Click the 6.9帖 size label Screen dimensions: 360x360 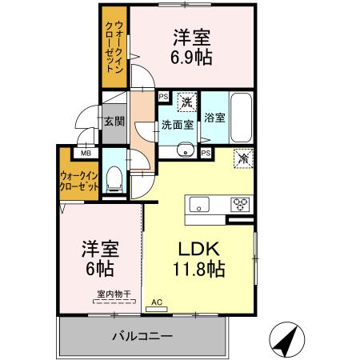click(190, 58)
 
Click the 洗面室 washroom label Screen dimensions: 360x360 click(176, 125)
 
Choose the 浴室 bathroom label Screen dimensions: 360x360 click(214, 118)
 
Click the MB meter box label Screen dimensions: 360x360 click(84, 151)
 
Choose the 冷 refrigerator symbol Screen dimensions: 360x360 click(242, 158)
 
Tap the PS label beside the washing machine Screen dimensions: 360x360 click(163, 98)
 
